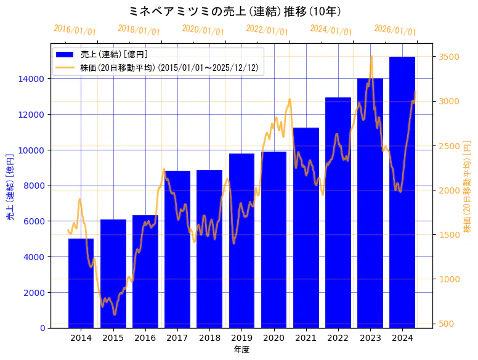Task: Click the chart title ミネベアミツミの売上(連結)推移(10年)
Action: coord(236,11)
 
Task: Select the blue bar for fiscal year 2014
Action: coord(81,283)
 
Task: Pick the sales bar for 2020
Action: coord(273,240)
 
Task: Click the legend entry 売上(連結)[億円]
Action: coord(113,55)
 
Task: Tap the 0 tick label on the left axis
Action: coord(42,328)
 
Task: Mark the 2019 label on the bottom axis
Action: coord(241,338)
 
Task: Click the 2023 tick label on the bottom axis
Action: coord(370,338)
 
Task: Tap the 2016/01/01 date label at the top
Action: coord(75,30)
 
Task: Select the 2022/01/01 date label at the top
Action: coord(267,30)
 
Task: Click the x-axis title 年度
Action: coord(241,350)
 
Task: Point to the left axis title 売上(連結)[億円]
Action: coord(10,187)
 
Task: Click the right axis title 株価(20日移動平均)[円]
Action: coord(467,187)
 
